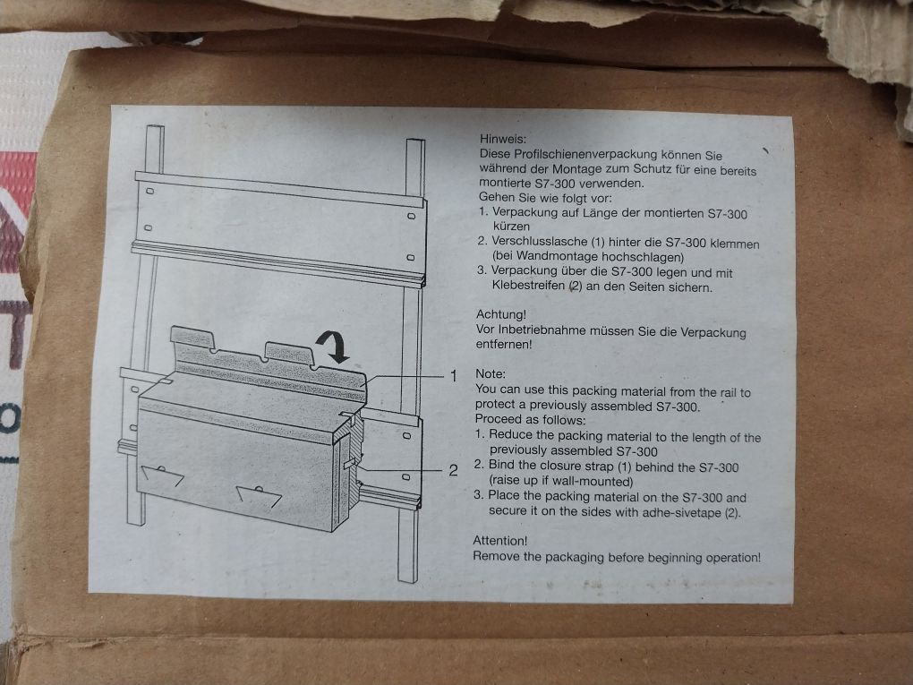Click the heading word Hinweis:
tap(502, 139)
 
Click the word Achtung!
tap(500, 314)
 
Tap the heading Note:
tap(491, 374)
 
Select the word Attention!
tap(499, 541)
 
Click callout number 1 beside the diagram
tap(454, 376)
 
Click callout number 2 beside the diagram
tap(454, 470)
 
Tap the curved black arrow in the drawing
tap(333, 345)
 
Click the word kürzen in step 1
tap(511, 226)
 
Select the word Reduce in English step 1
tap(510, 434)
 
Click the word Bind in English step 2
tap(500, 465)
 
